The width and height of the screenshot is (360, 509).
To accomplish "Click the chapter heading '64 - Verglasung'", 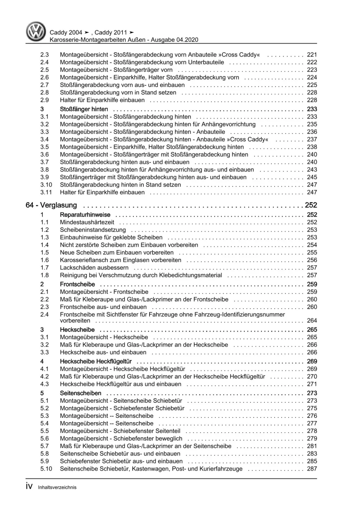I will (51, 205).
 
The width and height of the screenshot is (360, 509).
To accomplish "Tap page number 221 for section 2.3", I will (312, 55).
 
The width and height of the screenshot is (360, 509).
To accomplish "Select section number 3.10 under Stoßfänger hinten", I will (46, 185).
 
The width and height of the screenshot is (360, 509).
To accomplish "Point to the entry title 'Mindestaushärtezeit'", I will (87, 222).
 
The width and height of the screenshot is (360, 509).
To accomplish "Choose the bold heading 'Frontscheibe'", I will (77, 284).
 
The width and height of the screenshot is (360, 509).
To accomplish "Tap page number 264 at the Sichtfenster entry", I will (312, 321).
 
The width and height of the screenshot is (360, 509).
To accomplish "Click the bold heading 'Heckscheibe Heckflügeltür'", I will (95, 361).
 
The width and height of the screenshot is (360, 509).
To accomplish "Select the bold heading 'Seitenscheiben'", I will (81, 393).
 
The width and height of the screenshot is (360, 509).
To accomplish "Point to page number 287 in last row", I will (312, 469).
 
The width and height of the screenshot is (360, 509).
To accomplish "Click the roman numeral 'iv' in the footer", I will (30, 487).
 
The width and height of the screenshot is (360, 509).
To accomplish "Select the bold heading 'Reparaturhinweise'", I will (85, 215).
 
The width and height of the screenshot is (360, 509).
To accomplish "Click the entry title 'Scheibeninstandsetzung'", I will (93, 230).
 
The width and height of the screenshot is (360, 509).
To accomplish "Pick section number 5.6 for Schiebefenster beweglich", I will (44, 438).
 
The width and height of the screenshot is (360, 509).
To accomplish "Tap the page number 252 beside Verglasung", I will (311, 205).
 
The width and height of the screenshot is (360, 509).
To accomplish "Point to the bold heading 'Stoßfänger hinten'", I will (84, 109).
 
